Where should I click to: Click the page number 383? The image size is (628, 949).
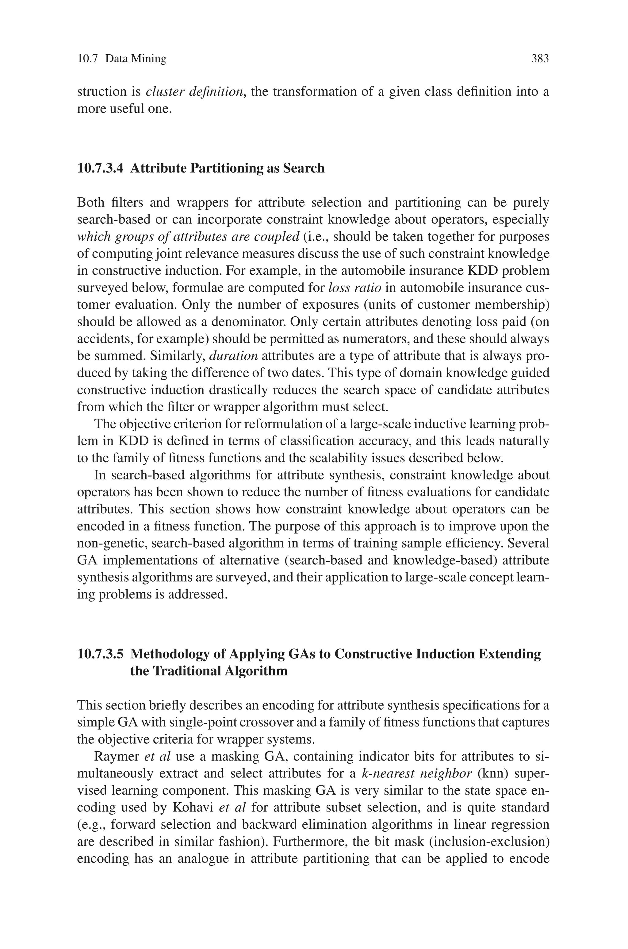[539, 59]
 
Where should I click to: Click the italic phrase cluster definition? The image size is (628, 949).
[194, 92]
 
